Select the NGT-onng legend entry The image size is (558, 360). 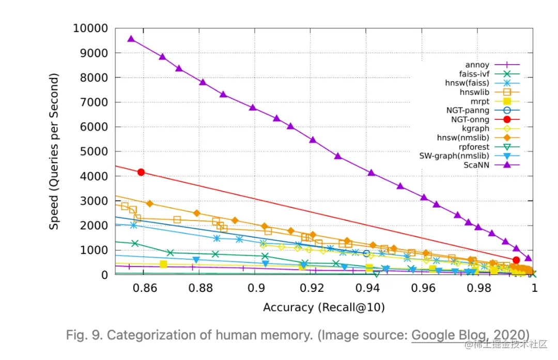469,119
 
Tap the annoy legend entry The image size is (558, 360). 478,65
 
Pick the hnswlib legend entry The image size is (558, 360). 475,92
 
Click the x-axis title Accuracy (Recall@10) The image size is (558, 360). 324,307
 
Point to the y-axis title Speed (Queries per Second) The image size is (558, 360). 54,151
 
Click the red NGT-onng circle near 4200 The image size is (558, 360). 141,172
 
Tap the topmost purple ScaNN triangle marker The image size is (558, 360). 131,39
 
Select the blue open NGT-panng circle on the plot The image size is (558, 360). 366,253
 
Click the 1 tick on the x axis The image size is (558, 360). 534,289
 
